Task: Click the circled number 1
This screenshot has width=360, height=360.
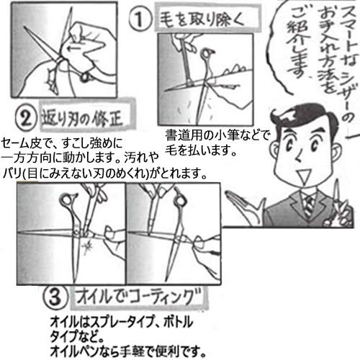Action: (x=140, y=19)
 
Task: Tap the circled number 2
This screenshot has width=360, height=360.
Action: (x=26, y=119)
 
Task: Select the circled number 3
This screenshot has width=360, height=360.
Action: (x=55, y=297)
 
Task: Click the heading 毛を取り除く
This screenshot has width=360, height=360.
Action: (x=202, y=19)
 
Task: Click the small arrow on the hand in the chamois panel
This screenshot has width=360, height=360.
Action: (x=74, y=49)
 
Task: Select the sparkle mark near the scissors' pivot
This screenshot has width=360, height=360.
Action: (x=86, y=247)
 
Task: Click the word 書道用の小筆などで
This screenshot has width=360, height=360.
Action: (x=217, y=135)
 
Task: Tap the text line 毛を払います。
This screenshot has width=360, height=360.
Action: (x=201, y=150)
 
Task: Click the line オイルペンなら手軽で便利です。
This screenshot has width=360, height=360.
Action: (x=128, y=351)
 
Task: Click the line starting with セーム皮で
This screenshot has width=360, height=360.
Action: (x=62, y=143)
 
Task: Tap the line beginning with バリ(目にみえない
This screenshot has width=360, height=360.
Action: (x=104, y=173)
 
